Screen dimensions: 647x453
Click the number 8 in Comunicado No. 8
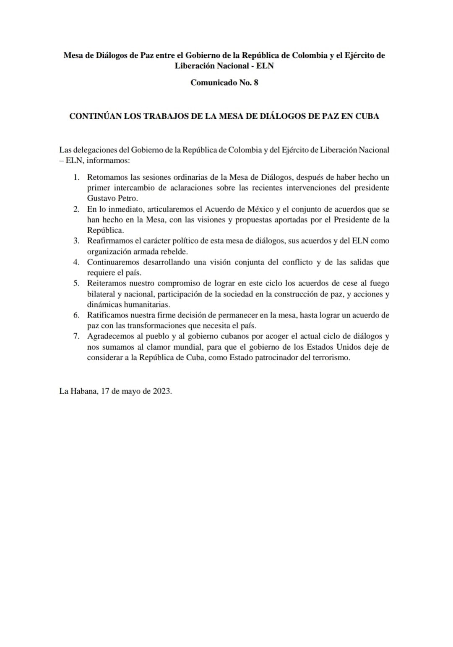click(256, 83)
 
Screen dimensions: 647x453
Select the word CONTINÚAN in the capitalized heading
click(95, 116)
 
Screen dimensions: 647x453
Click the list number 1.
click(76, 177)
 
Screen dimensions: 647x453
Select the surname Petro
click(128, 198)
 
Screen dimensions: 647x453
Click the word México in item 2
click(261, 209)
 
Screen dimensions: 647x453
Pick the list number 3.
click(76, 241)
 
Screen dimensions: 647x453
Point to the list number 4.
click(76, 262)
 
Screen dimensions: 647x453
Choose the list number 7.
click(76, 336)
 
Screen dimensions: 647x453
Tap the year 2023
click(161, 391)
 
